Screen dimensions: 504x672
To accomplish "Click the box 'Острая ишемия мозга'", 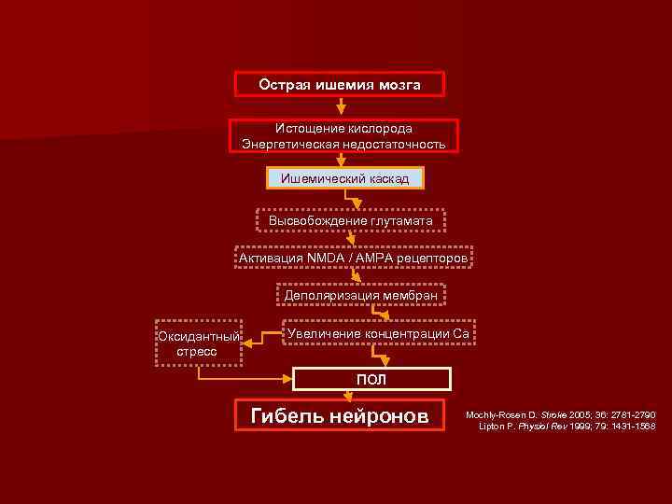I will [x=340, y=85].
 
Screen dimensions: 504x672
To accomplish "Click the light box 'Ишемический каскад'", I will [x=345, y=177].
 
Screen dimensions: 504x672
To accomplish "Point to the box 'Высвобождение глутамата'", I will [x=351, y=220].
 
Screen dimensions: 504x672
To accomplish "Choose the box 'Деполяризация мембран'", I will [x=360, y=295].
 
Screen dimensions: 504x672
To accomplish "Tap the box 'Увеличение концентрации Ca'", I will [x=378, y=333].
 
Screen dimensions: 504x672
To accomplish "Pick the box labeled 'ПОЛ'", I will [x=371, y=379].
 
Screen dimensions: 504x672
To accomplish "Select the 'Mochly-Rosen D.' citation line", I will [x=561, y=413].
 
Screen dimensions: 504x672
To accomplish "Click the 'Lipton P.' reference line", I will [x=567, y=426].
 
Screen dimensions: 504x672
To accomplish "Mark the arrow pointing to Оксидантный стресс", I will [x=259, y=341].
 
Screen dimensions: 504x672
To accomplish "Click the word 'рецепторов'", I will [x=429, y=257].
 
